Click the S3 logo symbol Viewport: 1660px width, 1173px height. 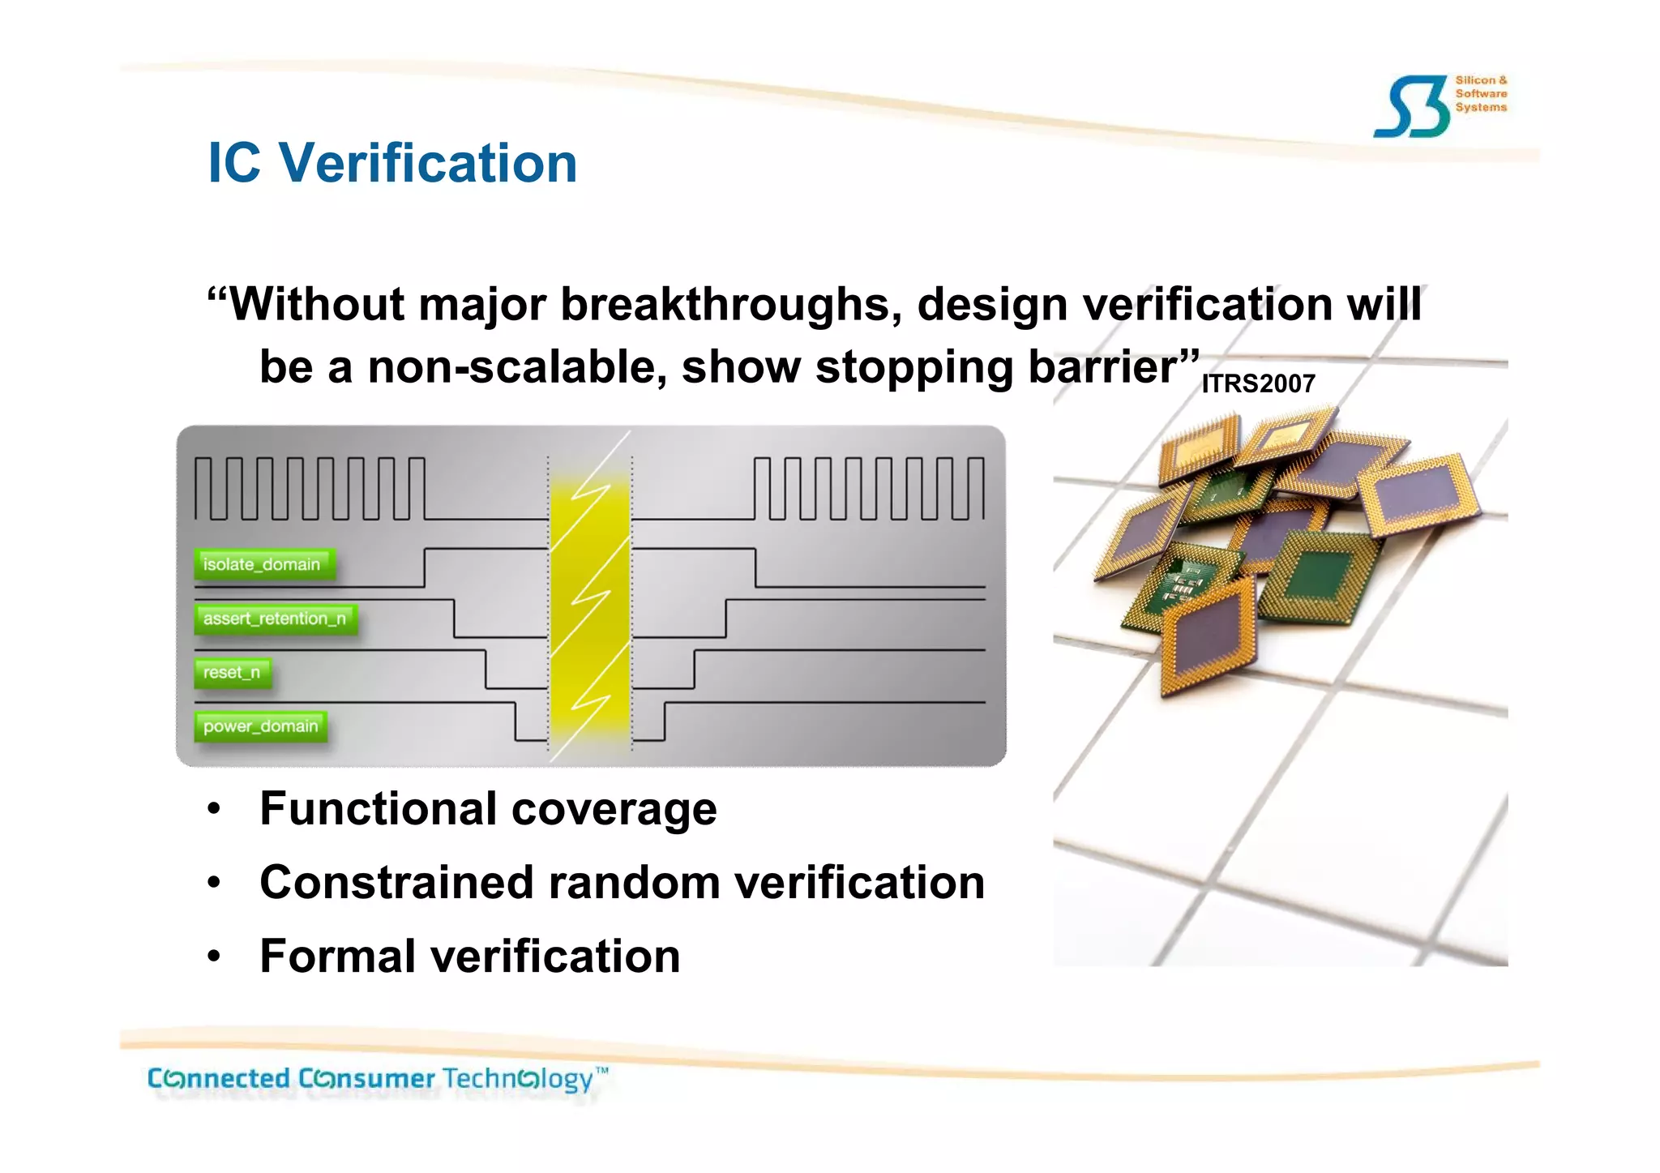[1412, 107]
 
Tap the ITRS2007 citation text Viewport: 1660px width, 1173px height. [1258, 383]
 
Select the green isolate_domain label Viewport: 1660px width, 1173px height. [263, 564]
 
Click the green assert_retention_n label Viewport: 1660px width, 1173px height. [275, 619]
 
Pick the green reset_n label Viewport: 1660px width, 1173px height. [232, 673]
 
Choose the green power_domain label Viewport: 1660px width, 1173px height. [261, 726]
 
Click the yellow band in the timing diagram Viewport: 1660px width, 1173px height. [589, 600]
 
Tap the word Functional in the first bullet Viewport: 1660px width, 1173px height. [379, 809]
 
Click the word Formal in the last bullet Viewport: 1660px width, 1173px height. [338, 956]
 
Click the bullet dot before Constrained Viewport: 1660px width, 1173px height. [213, 884]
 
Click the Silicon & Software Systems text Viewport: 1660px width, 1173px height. [1480, 94]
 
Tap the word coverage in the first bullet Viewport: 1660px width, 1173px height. [614, 809]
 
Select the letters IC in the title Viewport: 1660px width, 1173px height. [234, 164]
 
